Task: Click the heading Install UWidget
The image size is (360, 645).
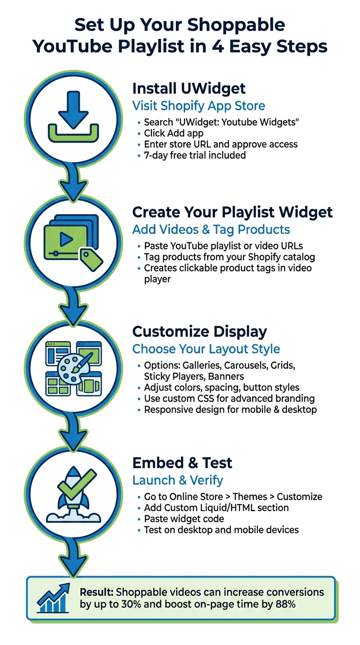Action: [x=188, y=88]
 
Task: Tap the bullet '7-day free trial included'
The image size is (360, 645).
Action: [x=195, y=155]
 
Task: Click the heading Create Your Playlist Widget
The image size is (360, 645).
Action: [x=232, y=212]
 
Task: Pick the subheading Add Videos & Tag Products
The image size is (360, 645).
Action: [x=211, y=230]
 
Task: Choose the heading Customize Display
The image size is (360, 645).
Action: [x=200, y=331]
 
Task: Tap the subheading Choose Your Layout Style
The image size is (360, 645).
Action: [x=206, y=349]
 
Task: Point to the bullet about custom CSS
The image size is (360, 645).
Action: [x=229, y=398]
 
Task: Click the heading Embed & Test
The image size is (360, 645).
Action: [x=182, y=463]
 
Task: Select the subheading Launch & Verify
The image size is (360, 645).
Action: [x=178, y=480]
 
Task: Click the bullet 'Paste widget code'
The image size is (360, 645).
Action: [x=184, y=519]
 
